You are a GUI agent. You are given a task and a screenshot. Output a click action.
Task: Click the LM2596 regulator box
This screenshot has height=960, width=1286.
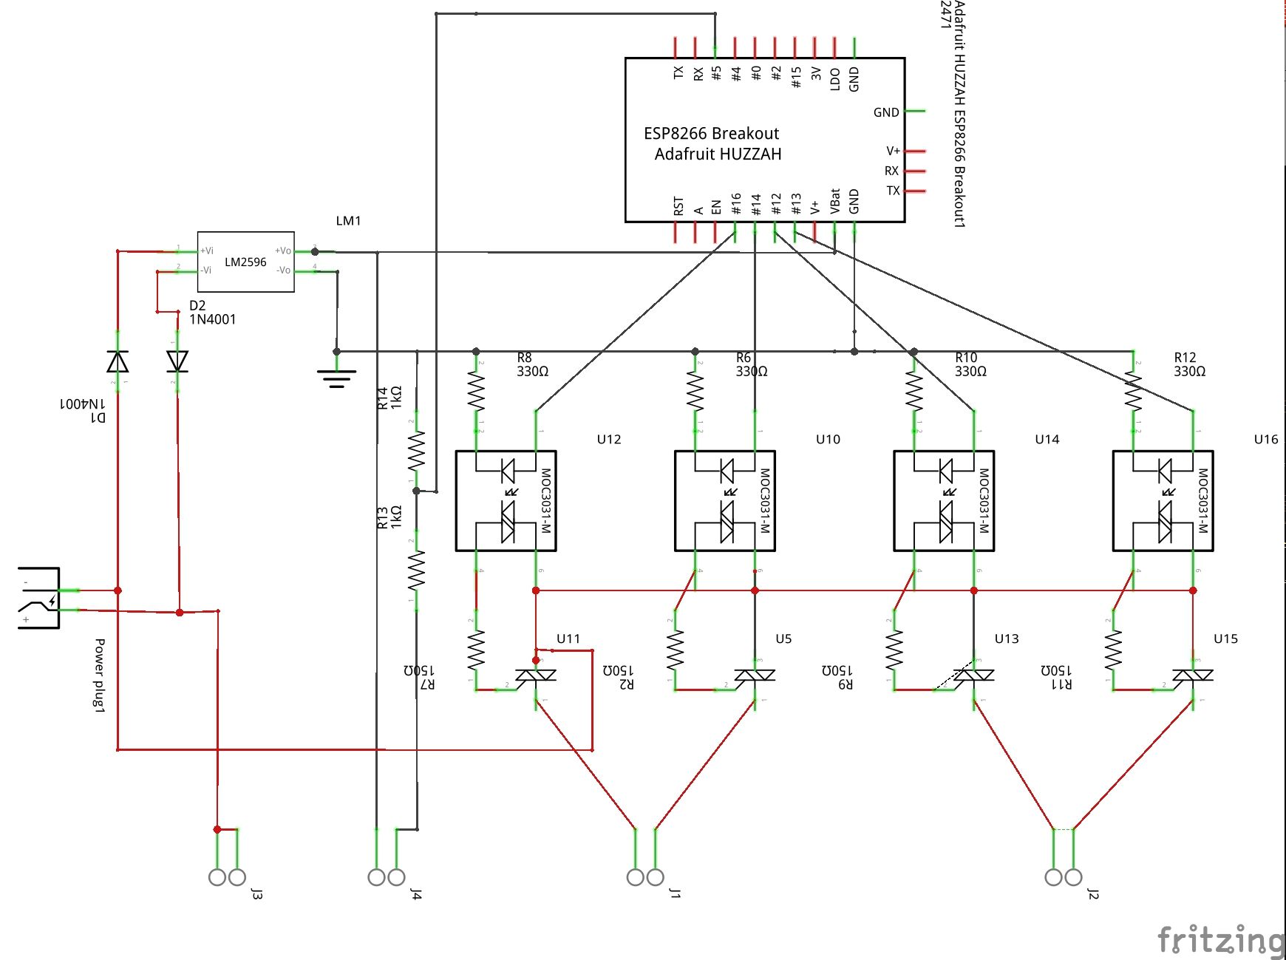[245, 262]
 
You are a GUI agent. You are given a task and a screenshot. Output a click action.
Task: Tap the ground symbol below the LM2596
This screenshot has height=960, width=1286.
[337, 378]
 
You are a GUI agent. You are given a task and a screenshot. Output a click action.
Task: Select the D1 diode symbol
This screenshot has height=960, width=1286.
[118, 361]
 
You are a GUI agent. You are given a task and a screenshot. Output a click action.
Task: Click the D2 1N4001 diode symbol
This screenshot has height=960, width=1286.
[177, 361]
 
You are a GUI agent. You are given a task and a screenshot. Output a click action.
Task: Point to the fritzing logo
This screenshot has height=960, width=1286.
[1219, 939]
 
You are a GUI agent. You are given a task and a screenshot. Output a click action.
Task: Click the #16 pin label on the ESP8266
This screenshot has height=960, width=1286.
[736, 204]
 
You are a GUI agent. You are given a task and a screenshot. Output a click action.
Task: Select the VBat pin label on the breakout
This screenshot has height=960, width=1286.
[835, 202]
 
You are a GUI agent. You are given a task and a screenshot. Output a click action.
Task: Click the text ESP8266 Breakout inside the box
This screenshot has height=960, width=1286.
[711, 134]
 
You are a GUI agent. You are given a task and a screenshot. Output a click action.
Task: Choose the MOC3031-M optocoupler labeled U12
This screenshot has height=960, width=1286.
[506, 500]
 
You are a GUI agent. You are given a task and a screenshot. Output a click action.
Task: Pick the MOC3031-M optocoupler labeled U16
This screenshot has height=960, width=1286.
[1163, 500]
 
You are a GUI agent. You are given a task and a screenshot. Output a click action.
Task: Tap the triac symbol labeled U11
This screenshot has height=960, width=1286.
[535, 675]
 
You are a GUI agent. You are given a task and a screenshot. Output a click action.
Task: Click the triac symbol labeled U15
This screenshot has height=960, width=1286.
[1192, 675]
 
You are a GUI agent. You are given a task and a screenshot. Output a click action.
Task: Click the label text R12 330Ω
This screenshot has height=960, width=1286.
[1189, 364]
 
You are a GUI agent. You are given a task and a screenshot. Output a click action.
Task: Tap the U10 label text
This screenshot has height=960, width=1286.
[828, 439]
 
